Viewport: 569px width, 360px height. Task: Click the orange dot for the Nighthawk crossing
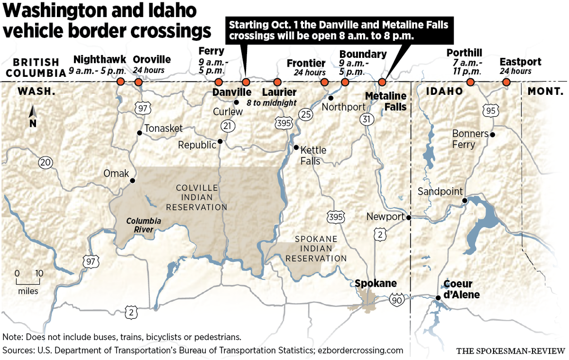(121, 82)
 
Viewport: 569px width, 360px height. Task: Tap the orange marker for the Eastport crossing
(506, 82)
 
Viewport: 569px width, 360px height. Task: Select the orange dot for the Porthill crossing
(470, 82)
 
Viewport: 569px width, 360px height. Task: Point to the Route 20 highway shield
(45, 163)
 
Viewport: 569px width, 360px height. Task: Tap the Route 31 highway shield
(367, 118)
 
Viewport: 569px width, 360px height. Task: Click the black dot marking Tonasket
(140, 132)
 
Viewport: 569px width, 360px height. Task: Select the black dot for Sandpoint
(464, 200)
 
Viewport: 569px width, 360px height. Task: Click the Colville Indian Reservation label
(196, 198)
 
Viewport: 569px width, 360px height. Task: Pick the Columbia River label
(143, 225)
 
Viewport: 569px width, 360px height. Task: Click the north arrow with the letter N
(33, 116)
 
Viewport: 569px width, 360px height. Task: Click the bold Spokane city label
(375, 283)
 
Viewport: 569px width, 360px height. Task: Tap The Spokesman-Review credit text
(510, 350)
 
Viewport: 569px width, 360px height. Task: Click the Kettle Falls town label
(313, 155)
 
